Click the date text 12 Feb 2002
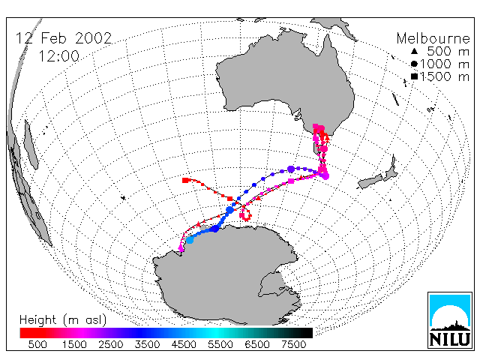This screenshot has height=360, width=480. click(x=64, y=38)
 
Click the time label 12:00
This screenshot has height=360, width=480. click(x=58, y=56)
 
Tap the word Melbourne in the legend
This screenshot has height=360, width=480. click(x=433, y=38)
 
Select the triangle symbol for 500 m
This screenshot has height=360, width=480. click(x=414, y=51)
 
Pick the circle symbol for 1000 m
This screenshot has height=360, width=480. click(x=414, y=64)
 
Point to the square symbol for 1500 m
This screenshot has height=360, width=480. click(x=414, y=76)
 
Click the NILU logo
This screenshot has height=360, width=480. click(x=450, y=320)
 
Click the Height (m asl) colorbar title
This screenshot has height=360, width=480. click(x=63, y=320)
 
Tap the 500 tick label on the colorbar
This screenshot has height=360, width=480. click(x=37, y=345)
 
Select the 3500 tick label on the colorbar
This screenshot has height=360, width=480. click(x=147, y=345)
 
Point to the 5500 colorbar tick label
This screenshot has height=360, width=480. click(x=220, y=345)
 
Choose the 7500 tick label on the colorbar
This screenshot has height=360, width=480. click(x=293, y=345)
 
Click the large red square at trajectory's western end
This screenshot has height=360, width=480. click(x=185, y=180)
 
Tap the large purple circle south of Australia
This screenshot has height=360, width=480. click(x=291, y=169)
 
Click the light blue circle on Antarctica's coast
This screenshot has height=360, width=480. click(x=190, y=240)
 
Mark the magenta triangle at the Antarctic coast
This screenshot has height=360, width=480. click(x=181, y=248)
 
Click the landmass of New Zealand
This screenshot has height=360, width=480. click(x=379, y=175)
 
